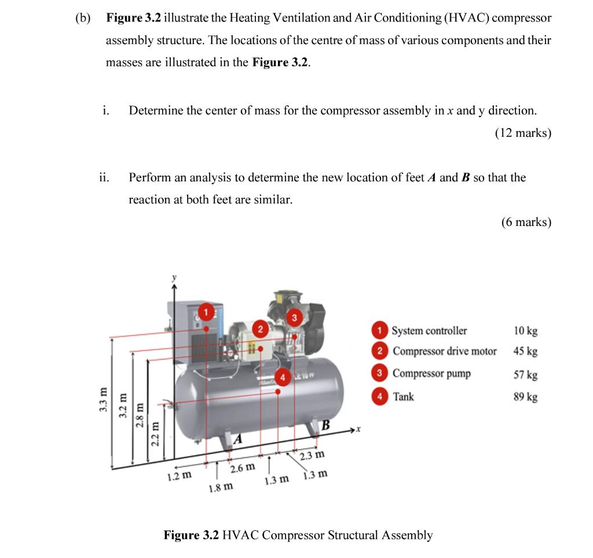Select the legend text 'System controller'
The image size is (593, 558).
[x=429, y=331]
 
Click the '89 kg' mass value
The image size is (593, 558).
[x=525, y=397]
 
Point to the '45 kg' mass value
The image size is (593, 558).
[x=525, y=351]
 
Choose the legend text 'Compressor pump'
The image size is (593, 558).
[x=431, y=373]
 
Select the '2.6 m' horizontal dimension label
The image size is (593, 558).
[x=242, y=468]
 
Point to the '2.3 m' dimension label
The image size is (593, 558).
[x=312, y=455]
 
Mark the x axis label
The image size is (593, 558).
[x=359, y=429]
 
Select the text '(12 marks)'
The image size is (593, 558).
[x=522, y=133]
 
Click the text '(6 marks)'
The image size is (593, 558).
[x=526, y=222]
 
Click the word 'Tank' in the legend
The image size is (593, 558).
[x=404, y=397]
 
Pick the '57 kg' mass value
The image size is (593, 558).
[x=525, y=374]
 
